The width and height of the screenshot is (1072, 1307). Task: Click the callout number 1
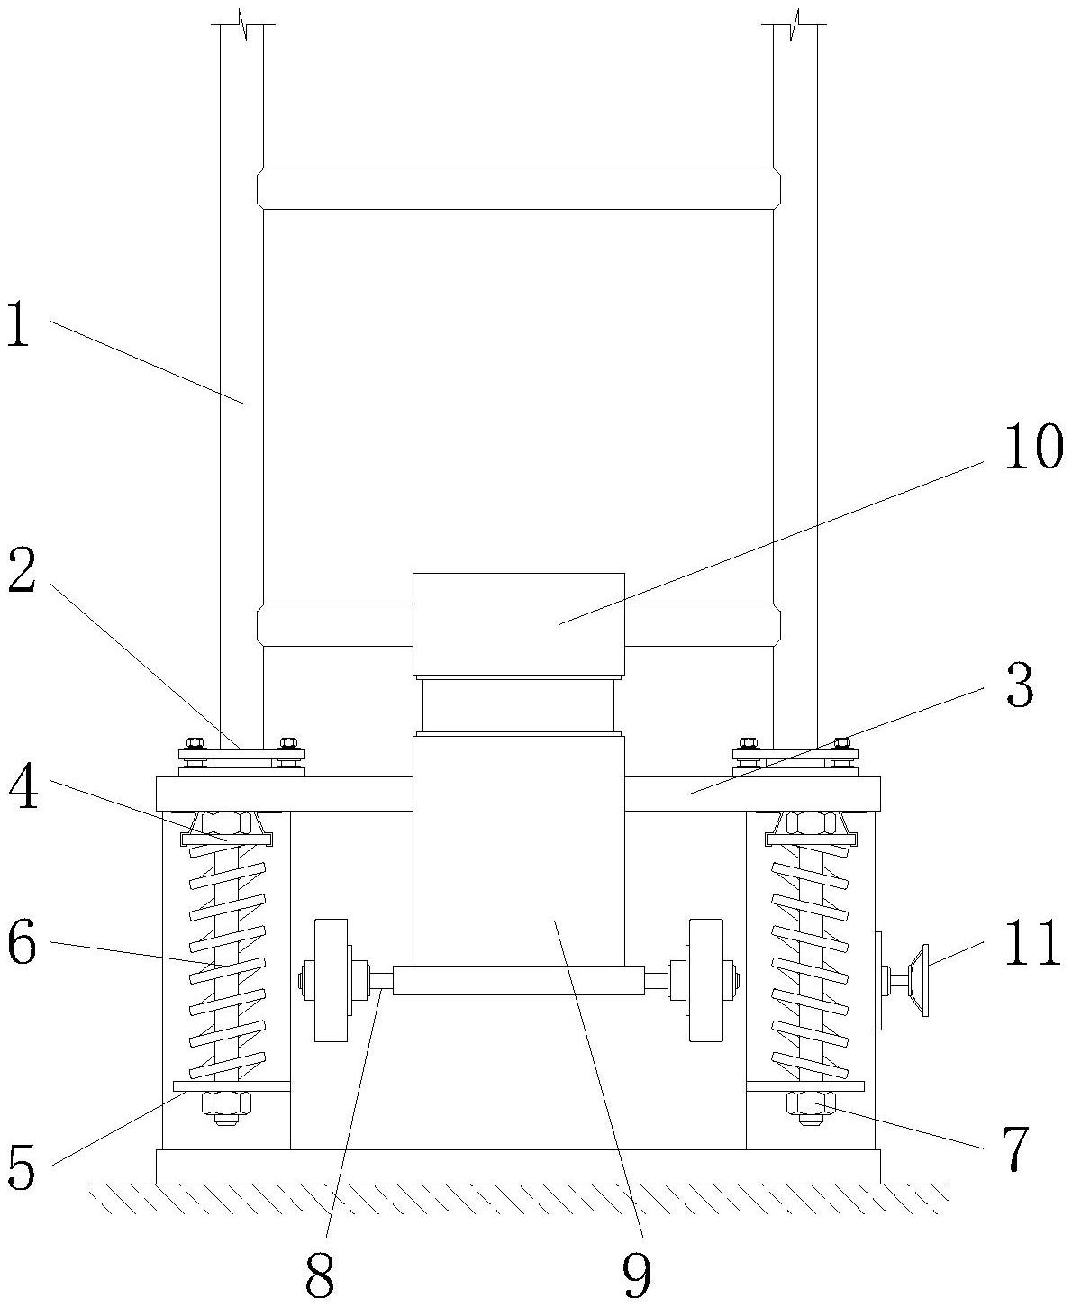[x=19, y=322]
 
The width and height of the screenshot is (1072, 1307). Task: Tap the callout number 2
[x=23, y=571]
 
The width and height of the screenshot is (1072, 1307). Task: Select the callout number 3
[x=1020, y=685]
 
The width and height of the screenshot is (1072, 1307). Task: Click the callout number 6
[x=23, y=942]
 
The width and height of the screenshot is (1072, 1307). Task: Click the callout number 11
[x=1031, y=942]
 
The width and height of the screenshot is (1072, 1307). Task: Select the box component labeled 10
[x=519, y=624]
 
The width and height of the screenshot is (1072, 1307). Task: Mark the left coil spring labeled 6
[x=227, y=962]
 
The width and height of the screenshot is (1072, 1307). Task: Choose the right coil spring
[x=810, y=962]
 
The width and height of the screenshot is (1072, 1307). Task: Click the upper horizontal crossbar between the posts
[x=519, y=188]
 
